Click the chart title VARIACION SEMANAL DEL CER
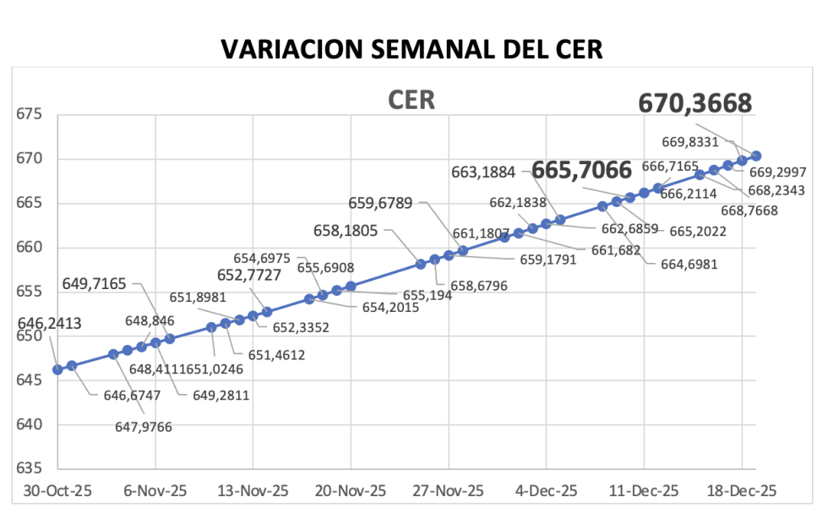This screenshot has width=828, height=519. pyautogui.click(x=411, y=49)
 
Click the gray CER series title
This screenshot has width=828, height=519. pyautogui.click(x=411, y=101)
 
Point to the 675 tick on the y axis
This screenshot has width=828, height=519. pyautogui.click(x=33, y=115)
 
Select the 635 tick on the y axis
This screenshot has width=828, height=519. pyautogui.click(x=33, y=468)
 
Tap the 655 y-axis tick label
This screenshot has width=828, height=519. pyautogui.click(x=33, y=292)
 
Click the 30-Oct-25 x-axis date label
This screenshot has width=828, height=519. pyautogui.click(x=57, y=491)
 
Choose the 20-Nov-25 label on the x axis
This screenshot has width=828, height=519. pyautogui.click(x=351, y=491)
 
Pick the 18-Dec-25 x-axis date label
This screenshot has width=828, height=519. pyautogui.click(x=741, y=491)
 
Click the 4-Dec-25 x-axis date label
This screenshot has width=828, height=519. pyautogui.click(x=546, y=491)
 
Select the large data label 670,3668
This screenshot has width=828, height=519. pyautogui.click(x=695, y=103)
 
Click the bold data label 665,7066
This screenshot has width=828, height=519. pyautogui.click(x=582, y=171)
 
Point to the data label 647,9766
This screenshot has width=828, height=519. pyautogui.click(x=144, y=427)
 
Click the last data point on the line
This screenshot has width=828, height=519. pyautogui.click(x=756, y=156)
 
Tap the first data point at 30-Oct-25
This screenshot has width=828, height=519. pyautogui.click(x=57, y=369)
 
